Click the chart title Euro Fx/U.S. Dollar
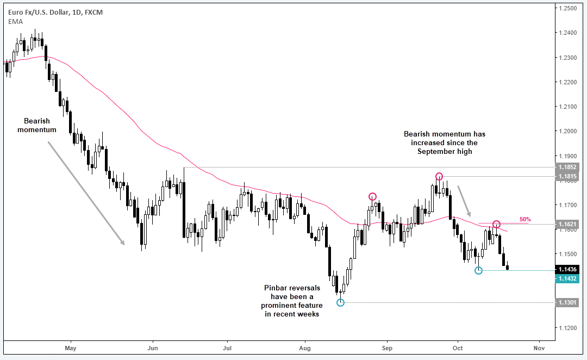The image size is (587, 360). (x=39, y=13)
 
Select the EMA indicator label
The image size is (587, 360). (x=15, y=22)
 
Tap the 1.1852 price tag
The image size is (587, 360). (x=567, y=167)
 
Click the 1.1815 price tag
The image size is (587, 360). (x=567, y=176)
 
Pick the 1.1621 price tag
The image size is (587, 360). (x=567, y=225)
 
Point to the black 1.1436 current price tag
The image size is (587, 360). (x=567, y=269)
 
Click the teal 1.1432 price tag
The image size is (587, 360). (x=567, y=279)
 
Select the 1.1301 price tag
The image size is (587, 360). (x=567, y=302)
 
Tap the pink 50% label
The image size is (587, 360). (x=525, y=220)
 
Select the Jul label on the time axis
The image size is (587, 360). (x=227, y=348)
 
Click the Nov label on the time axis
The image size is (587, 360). (x=539, y=348)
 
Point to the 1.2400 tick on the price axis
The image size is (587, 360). (x=567, y=33)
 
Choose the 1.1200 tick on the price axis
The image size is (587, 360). (x=567, y=328)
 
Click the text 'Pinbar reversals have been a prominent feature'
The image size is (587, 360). (x=292, y=297)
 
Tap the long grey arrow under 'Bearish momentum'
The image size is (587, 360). (x=86, y=193)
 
